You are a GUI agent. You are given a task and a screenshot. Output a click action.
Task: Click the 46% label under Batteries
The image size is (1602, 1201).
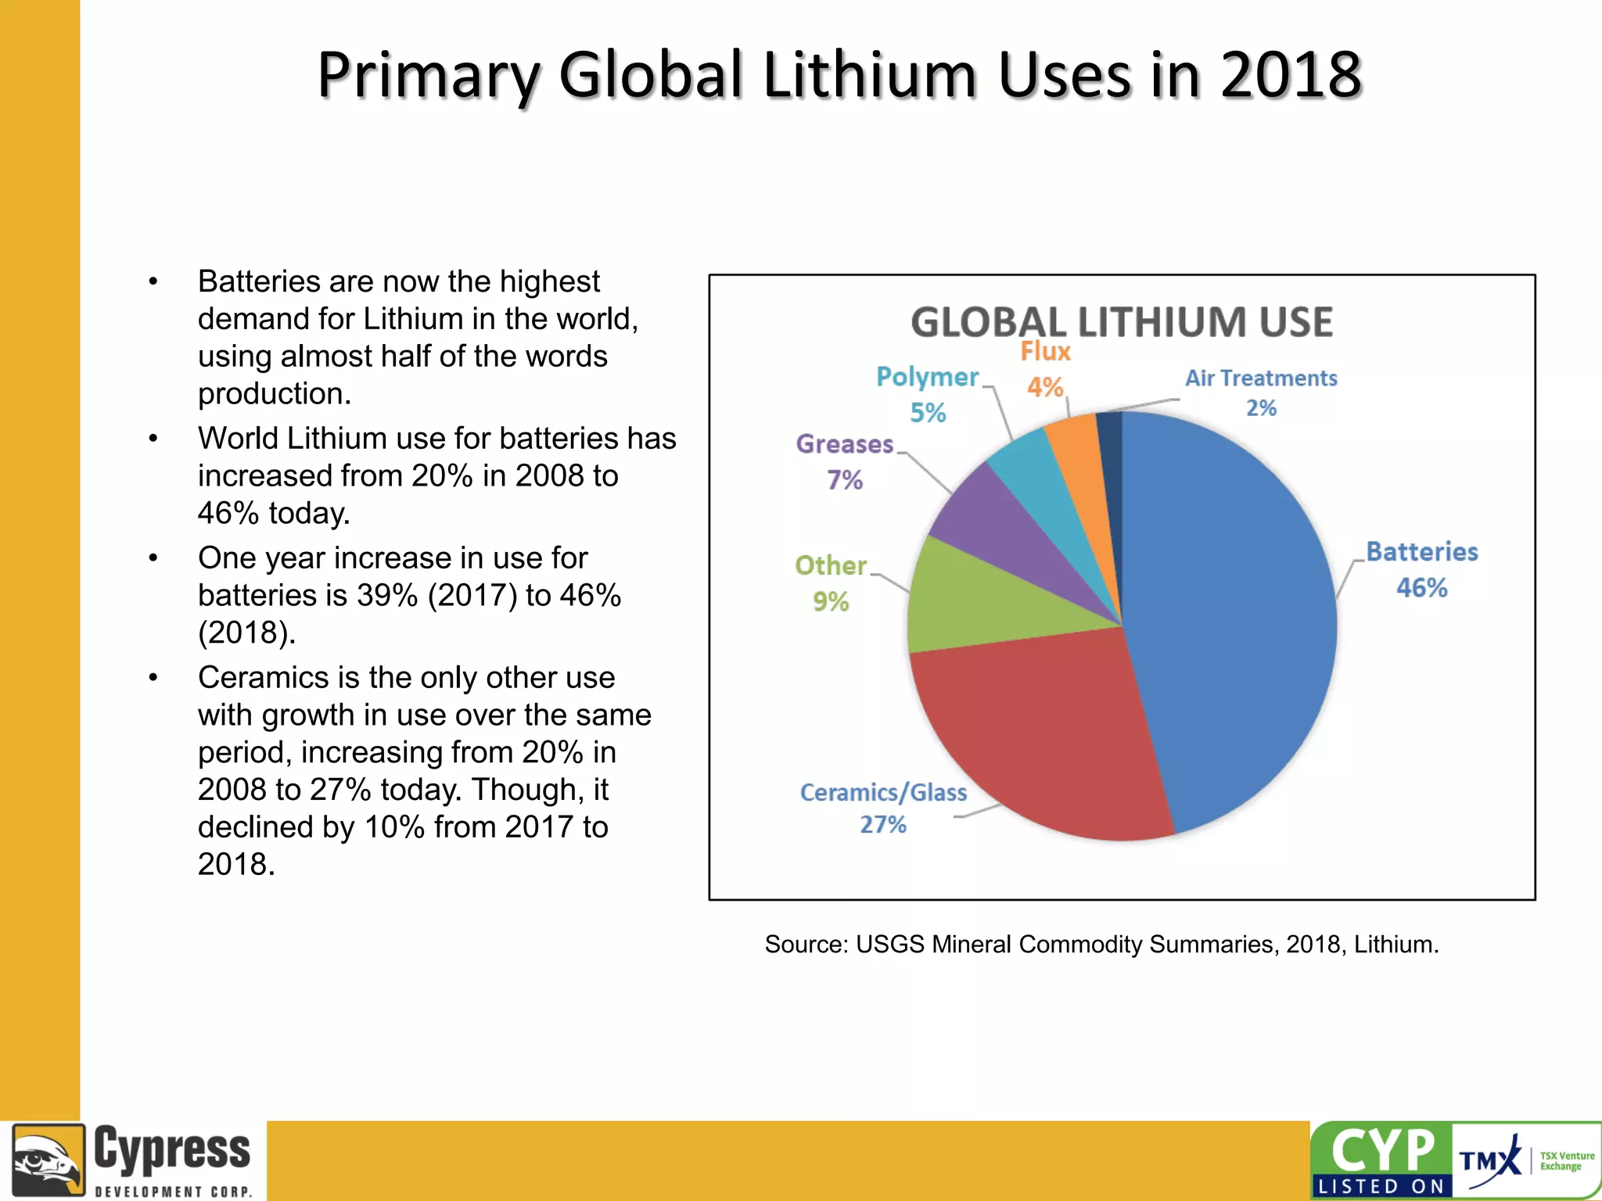[x=1421, y=588]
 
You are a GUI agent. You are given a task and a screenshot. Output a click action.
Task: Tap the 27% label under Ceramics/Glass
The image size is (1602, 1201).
[x=883, y=825]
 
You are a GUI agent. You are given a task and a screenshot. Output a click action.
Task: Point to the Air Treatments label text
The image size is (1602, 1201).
[x=1261, y=378]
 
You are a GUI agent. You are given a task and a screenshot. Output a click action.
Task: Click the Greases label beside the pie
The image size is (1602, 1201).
[x=845, y=444]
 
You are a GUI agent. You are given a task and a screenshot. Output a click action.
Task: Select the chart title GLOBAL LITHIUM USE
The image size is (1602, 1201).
[x=1122, y=322]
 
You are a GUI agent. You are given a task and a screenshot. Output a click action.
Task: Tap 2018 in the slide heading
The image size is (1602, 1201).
[x=1291, y=75]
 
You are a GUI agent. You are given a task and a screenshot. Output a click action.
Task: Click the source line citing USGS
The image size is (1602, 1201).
[x=1101, y=945]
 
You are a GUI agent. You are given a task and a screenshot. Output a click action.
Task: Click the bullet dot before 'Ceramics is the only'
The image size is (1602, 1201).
[x=153, y=678]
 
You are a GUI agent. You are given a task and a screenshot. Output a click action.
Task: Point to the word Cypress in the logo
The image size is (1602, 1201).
[x=172, y=1149]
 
